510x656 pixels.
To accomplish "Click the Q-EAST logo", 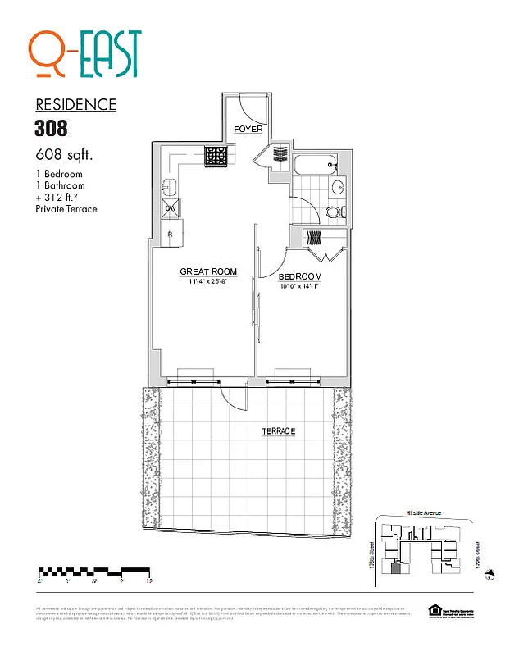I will pyautogui.click(x=85, y=55).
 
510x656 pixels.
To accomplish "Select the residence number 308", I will pyautogui.click(x=51, y=128).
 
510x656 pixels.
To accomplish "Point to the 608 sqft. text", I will pyautogui.click(x=64, y=154).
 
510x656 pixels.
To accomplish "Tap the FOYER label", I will pyautogui.click(x=248, y=130).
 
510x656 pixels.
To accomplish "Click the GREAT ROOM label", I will pyautogui.click(x=208, y=271).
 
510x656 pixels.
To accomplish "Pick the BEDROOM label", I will pyautogui.click(x=300, y=276).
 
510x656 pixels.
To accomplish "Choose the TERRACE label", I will pyautogui.click(x=279, y=431).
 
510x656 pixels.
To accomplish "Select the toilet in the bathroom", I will pyautogui.click(x=331, y=213).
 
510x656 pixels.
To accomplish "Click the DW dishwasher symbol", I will pyautogui.click(x=171, y=208).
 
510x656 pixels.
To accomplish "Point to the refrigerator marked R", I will pyautogui.click(x=171, y=234).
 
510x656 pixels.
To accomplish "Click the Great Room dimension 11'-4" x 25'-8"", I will pyautogui.click(x=208, y=281).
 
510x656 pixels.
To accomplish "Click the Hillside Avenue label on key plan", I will pyautogui.click(x=423, y=512).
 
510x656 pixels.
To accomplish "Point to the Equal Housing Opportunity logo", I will pyautogui.click(x=434, y=609).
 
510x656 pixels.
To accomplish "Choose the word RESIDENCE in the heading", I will pyautogui.click(x=75, y=105).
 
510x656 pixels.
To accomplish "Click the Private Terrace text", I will pyautogui.click(x=66, y=209).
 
